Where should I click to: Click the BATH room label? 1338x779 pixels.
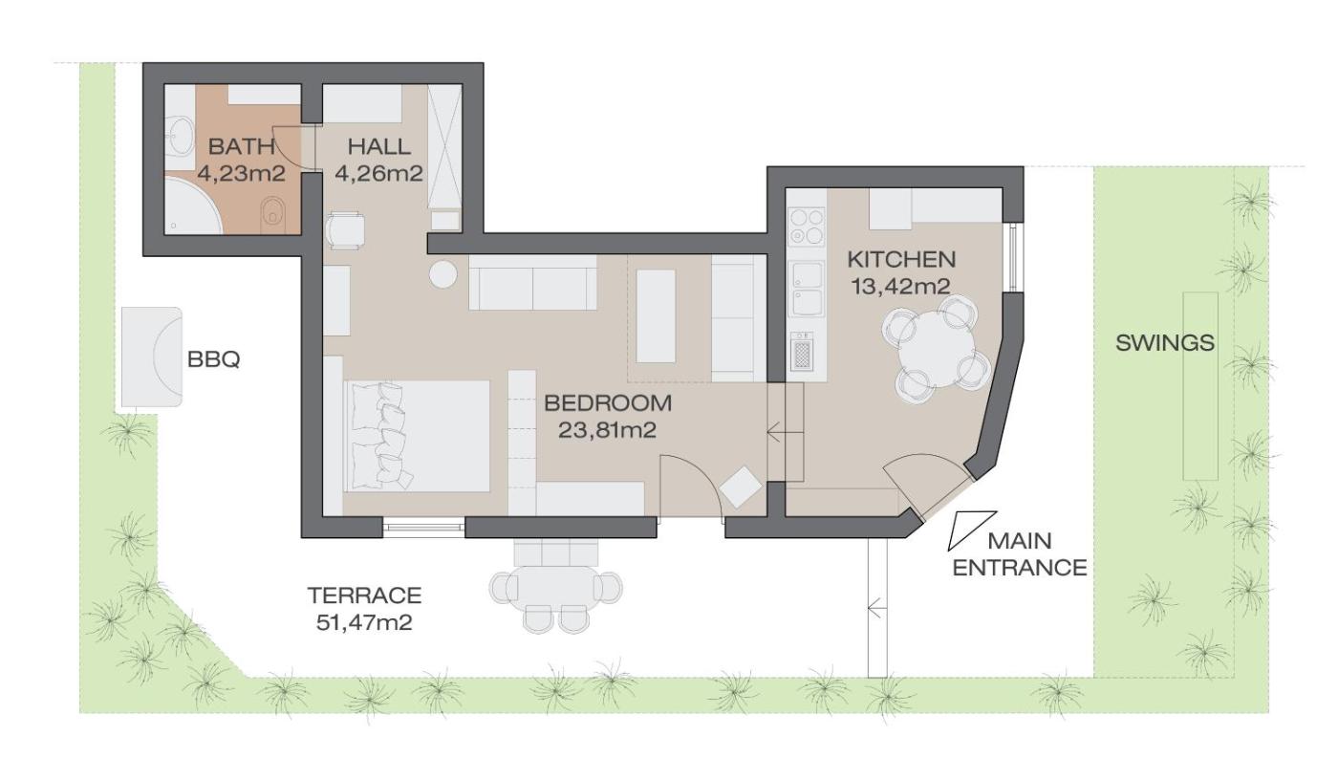[x=241, y=146]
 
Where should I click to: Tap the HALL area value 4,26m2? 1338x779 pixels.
[x=378, y=174]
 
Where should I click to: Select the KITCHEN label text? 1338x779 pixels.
[x=901, y=259]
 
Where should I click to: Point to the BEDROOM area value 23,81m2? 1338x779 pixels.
[x=608, y=430]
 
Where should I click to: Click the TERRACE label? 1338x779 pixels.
[x=364, y=595]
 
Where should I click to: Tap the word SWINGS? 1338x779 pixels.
[x=1165, y=343]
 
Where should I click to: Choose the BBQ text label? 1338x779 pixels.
[x=214, y=359]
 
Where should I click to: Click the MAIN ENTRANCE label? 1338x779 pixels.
[x=1020, y=553]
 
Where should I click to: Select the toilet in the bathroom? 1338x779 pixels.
[x=273, y=214]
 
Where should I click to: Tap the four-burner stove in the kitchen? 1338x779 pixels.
[x=807, y=227]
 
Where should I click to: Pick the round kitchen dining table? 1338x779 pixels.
[x=936, y=350]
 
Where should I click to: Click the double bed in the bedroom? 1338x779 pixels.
[x=417, y=436]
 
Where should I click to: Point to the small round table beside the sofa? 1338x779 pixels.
[x=443, y=275]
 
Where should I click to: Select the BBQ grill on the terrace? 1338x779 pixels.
[x=152, y=357]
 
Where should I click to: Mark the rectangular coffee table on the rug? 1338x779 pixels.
[x=656, y=316]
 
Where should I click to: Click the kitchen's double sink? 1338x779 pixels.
[x=807, y=289]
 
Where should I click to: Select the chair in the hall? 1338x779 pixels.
[x=345, y=230]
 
